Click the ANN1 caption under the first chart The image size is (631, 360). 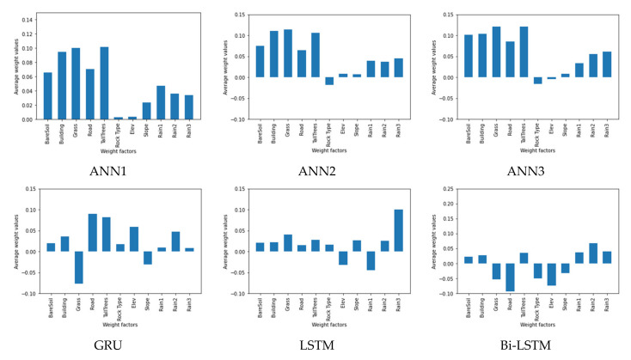(x=107, y=170)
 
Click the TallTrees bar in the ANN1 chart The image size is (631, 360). (x=104, y=83)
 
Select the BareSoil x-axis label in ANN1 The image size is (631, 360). (x=48, y=135)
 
